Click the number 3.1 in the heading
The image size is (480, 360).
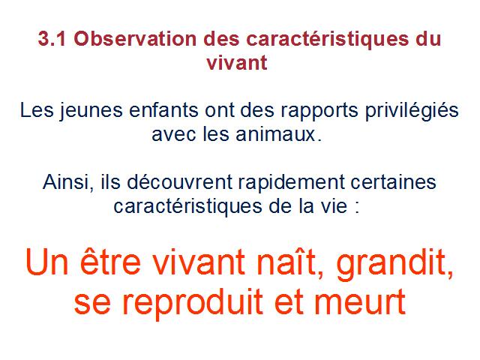(x=52, y=39)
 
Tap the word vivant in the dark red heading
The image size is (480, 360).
(x=237, y=63)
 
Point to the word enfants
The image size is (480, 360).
(x=163, y=110)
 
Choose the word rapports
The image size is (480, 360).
(x=319, y=112)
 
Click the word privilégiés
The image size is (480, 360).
(x=412, y=112)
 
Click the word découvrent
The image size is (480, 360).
(x=180, y=181)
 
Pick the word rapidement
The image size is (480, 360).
(x=292, y=183)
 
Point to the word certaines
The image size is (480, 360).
(x=393, y=182)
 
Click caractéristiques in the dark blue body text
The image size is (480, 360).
(x=187, y=207)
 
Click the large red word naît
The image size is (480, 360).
(x=289, y=262)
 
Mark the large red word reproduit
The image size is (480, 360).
(x=193, y=302)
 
